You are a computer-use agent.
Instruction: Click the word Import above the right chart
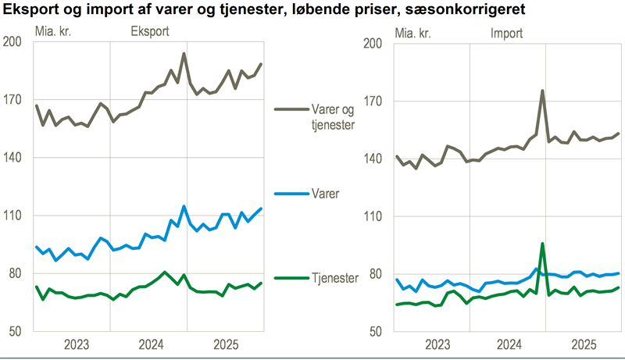point(507,33)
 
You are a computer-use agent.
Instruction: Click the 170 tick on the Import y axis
point(376,101)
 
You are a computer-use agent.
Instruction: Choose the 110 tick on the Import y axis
point(376,216)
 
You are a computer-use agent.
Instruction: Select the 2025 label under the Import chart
point(584,344)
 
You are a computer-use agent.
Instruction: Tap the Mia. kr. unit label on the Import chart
point(415,33)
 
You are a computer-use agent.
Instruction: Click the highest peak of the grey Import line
point(542,91)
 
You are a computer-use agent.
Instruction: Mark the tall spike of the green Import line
point(542,244)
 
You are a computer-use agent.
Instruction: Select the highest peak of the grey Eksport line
point(184,54)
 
